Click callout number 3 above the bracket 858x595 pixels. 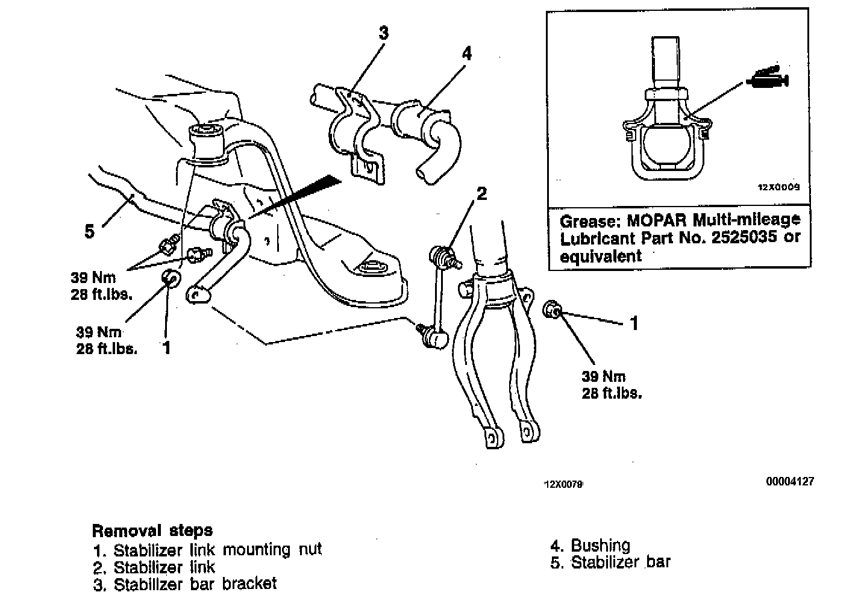[383, 33]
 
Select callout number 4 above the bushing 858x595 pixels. [466, 53]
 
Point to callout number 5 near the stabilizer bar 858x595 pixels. [89, 231]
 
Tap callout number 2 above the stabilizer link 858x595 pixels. [481, 194]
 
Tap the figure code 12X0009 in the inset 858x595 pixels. [778, 187]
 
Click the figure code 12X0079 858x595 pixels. [563, 484]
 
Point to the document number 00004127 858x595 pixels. [790, 481]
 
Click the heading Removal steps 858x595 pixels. [152, 531]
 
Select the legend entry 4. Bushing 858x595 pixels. [590, 546]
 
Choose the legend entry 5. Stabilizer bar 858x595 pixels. [610, 562]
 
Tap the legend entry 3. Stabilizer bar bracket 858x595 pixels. [185, 584]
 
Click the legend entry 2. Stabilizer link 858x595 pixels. [154, 567]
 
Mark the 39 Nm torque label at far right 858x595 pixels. [603, 377]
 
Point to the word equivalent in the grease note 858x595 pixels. [601, 256]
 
